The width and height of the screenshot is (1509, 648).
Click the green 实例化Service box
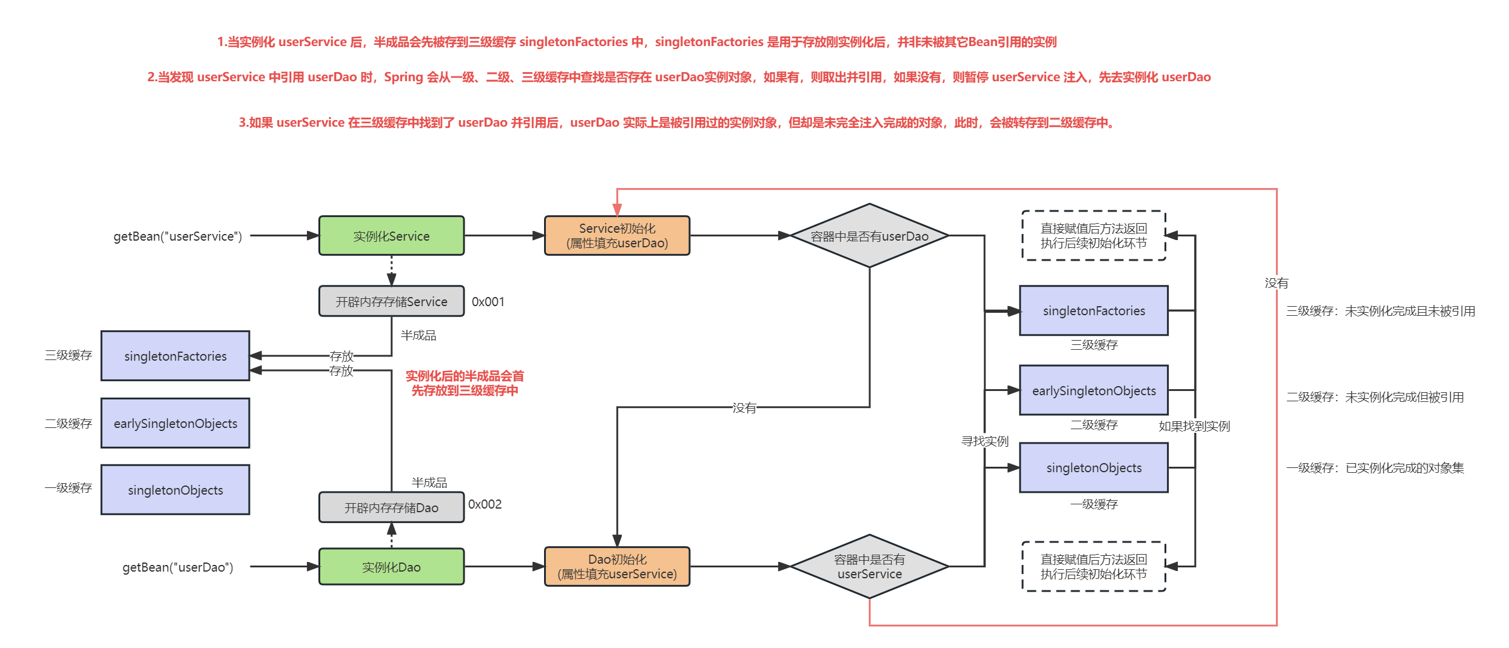click(x=391, y=236)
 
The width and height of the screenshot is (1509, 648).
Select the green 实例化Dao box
click(x=391, y=567)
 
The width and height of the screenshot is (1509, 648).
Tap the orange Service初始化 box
click(x=617, y=236)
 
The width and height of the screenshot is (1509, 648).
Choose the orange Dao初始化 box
click(x=617, y=567)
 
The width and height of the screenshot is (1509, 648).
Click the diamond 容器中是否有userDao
click(x=869, y=236)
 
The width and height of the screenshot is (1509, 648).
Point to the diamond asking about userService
click(x=869, y=567)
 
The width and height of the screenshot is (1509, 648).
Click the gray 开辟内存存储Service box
click(x=391, y=301)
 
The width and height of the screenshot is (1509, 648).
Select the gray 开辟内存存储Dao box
click(x=391, y=507)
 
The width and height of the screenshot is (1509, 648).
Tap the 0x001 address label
click(x=488, y=302)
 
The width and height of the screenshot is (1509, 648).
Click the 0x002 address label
click(x=485, y=504)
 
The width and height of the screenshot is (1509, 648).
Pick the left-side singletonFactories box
click(x=175, y=356)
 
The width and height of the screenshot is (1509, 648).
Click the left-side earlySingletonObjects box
click(x=175, y=423)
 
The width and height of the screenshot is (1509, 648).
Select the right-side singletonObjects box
click(x=1094, y=467)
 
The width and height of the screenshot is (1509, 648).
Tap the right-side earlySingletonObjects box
click(x=1094, y=390)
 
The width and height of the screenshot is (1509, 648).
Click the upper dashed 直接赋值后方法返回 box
click(x=1094, y=236)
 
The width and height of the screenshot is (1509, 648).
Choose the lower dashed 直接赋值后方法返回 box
click(x=1094, y=567)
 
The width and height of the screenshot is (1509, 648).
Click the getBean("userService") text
click(x=178, y=236)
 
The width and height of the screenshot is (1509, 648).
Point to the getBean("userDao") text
click(x=178, y=567)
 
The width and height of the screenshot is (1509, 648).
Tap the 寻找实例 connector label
click(x=984, y=441)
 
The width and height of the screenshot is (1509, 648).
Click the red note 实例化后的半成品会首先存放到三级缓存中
click(x=465, y=383)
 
